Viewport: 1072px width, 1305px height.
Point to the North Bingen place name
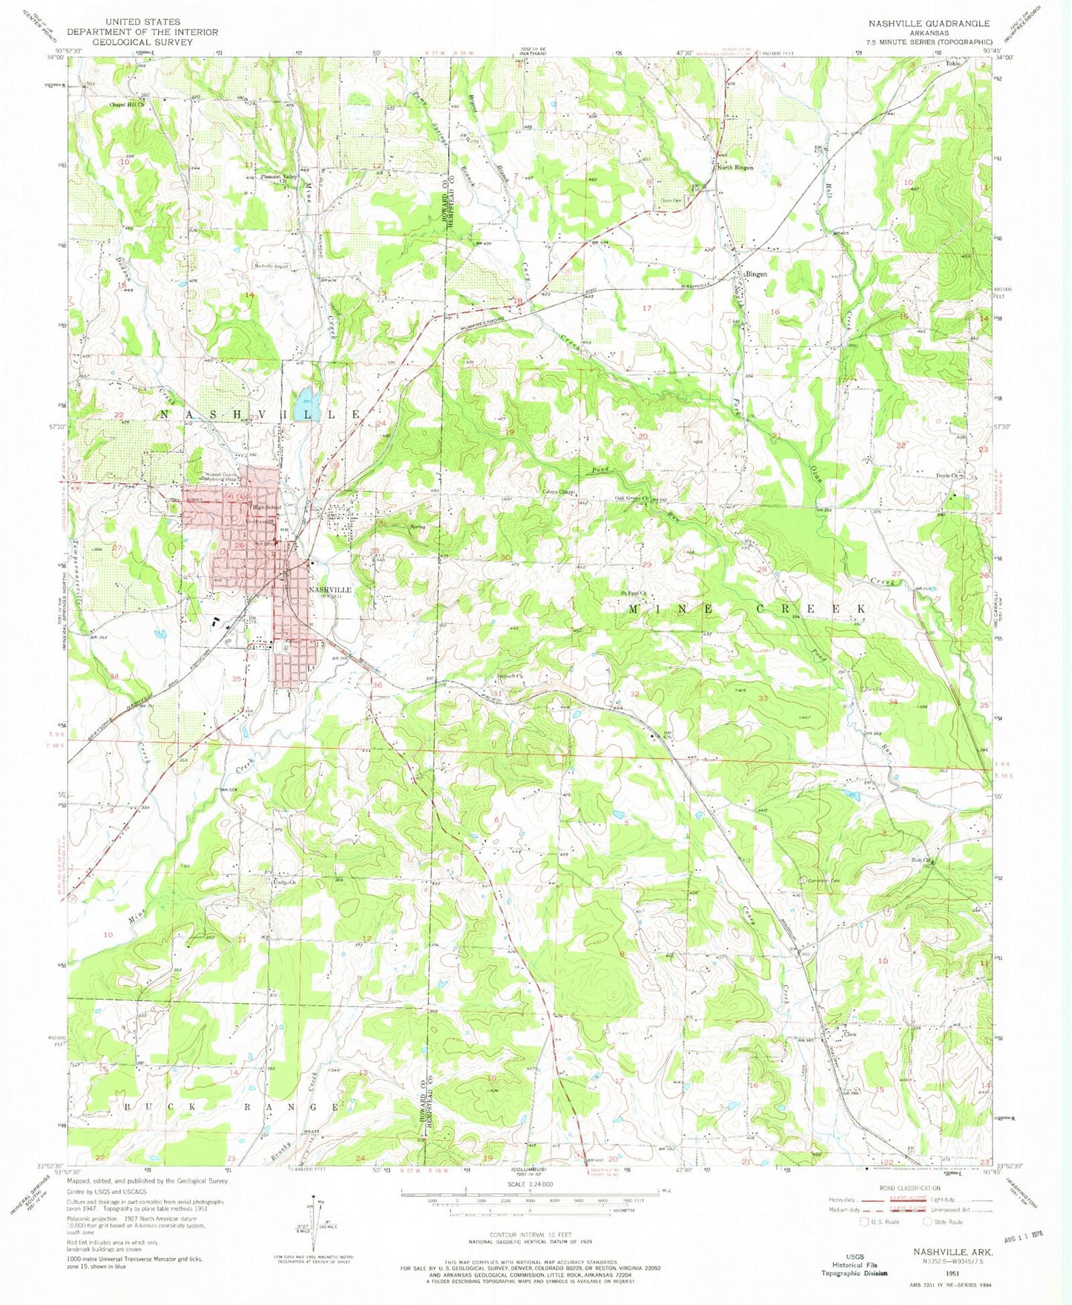pyautogui.click(x=734, y=168)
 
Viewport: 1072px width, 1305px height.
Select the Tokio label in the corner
pyautogui.click(x=953, y=64)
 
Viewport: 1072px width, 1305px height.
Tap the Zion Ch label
pyautogui.click(x=921, y=861)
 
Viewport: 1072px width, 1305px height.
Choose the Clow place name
pyautogui.click(x=849, y=1033)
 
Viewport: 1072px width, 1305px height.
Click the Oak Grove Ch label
pyautogui.click(x=631, y=499)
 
